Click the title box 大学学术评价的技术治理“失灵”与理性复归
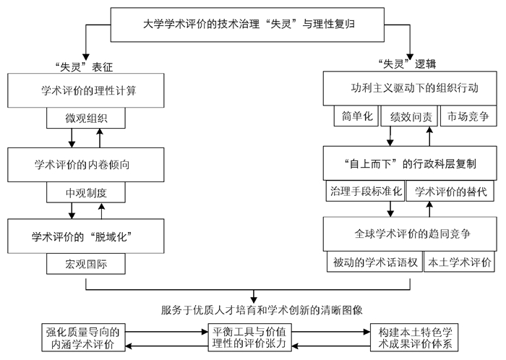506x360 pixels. pyautogui.click(x=247, y=25)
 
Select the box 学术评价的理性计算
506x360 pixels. pyautogui.click(x=86, y=90)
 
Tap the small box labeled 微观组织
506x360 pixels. pyautogui.click(x=86, y=118)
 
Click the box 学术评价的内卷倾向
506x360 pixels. pyautogui.click(x=86, y=165)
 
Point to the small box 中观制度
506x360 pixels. pyautogui.click(x=86, y=192)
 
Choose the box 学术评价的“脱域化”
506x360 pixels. pyautogui.click(x=86, y=236)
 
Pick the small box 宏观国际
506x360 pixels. pyautogui.click(x=86, y=264)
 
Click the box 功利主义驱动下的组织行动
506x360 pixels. pyautogui.click(x=410, y=88)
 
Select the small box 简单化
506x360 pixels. pyautogui.click(x=356, y=116)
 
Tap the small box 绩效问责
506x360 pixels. pyautogui.click(x=409, y=116)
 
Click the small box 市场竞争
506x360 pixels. pyautogui.click(x=468, y=116)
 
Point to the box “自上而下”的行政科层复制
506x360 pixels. pyautogui.click(x=410, y=163)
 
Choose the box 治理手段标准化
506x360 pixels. pyautogui.click(x=365, y=191)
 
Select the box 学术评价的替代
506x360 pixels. pyautogui.click(x=450, y=191)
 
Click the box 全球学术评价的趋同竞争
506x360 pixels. pyautogui.click(x=410, y=234)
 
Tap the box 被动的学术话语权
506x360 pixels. pyautogui.click(x=374, y=262)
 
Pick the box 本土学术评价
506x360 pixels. pyautogui.click(x=459, y=262)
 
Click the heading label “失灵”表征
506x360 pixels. pyautogui.click(x=84, y=67)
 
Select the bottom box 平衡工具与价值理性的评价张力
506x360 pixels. pyautogui.click(x=249, y=338)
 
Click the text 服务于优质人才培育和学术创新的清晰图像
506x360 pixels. pyautogui.click(x=262, y=310)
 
